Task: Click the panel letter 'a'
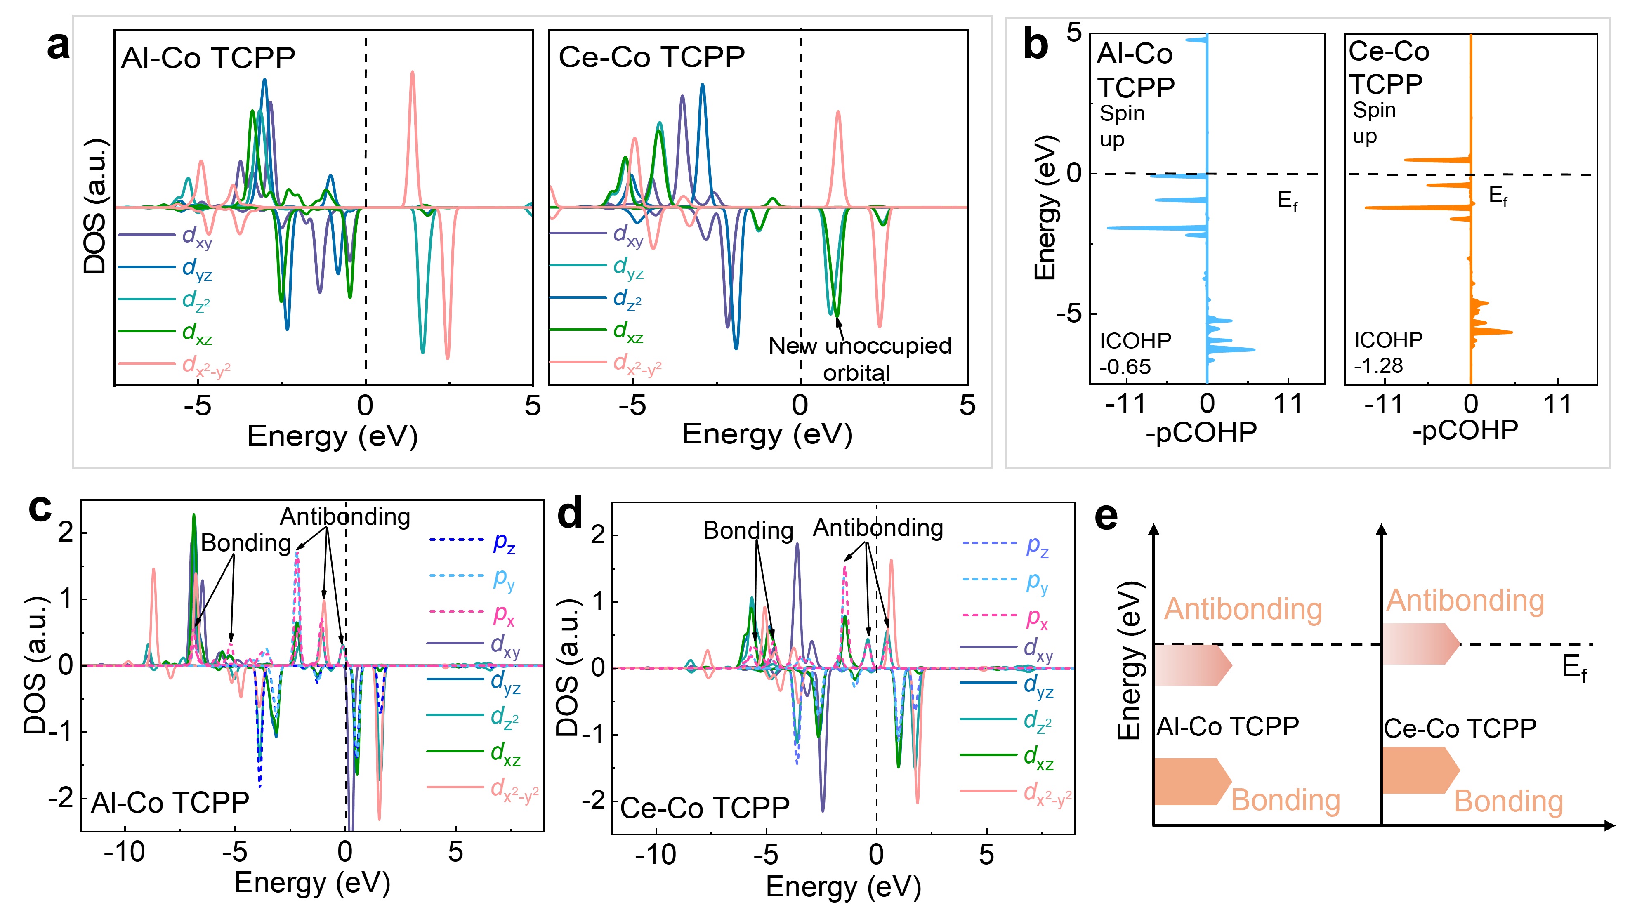tap(58, 46)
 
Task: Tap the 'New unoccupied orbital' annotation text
tap(859, 358)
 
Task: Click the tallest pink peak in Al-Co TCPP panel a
tap(412, 73)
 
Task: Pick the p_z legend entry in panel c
tap(472, 541)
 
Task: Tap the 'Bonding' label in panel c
tap(246, 543)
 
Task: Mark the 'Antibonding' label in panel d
tap(877, 528)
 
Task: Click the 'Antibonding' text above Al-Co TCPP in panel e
tap(1243, 609)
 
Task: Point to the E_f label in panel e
tap(1574, 667)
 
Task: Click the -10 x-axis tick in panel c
tap(125, 852)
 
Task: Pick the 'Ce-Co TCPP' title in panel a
tap(651, 57)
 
